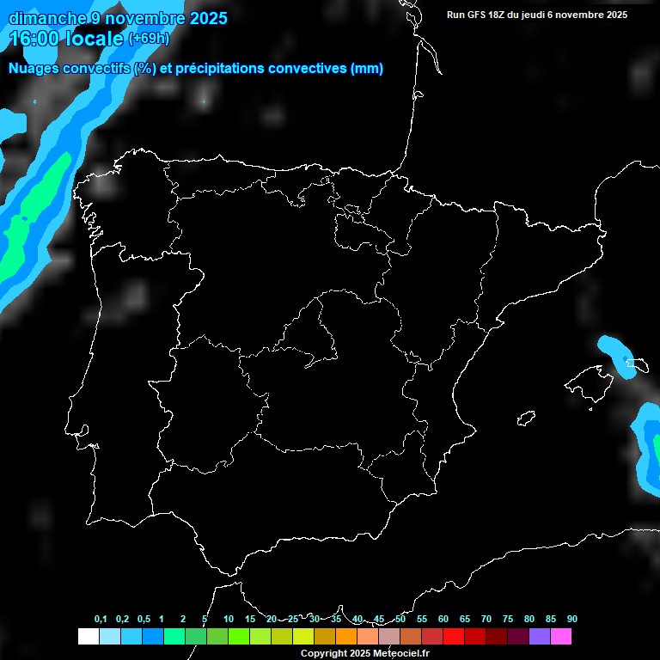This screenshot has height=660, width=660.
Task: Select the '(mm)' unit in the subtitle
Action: pos(367,69)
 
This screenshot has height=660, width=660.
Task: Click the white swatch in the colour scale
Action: pos(88,637)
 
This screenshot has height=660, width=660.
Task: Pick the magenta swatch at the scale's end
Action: pos(561,637)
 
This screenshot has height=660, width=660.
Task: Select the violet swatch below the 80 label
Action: pos(540,637)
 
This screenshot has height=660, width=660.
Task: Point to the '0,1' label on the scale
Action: pos(101,620)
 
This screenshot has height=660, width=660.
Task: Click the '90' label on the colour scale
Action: pos(572,620)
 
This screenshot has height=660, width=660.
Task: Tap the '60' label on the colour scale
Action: pos(443,620)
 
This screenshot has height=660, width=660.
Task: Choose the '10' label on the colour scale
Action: pos(229,620)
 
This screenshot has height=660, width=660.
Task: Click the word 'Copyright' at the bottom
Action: pos(324,654)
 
